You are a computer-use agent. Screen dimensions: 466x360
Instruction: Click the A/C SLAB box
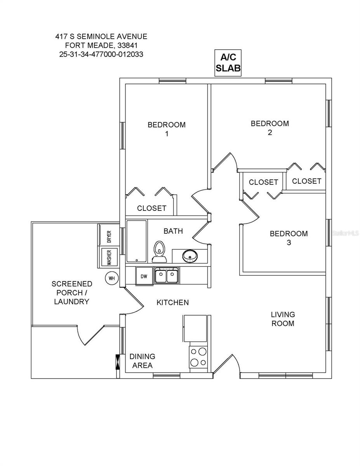tap(228, 63)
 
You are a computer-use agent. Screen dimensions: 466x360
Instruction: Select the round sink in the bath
tap(190, 256)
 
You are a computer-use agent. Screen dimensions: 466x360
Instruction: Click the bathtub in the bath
tap(136, 241)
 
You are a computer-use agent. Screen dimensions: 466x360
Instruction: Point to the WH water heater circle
tap(111, 278)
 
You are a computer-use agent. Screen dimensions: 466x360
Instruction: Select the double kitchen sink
tap(166, 276)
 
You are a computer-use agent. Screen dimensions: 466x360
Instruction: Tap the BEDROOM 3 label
tap(289, 238)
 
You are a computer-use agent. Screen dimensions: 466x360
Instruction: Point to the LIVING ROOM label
tap(283, 319)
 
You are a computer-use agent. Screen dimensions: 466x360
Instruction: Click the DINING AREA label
tap(142, 361)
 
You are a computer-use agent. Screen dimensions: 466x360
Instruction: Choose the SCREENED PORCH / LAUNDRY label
tap(72, 293)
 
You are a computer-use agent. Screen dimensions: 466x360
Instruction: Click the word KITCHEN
tap(172, 302)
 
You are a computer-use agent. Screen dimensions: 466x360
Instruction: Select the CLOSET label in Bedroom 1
tap(151, 209)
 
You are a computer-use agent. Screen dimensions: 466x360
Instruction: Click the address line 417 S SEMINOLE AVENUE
tap(101, 37)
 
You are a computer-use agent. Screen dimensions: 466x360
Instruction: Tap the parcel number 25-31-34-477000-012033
tap(101, 54)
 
